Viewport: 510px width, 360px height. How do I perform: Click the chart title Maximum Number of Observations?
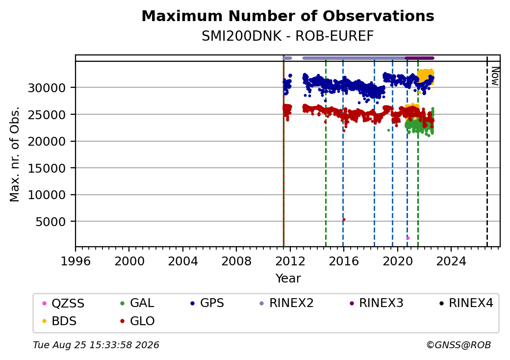(x=287, y=16)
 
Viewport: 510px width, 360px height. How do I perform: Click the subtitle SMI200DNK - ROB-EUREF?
(x=287, y=36)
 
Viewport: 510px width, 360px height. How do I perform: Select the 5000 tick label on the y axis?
(x=51, y=222)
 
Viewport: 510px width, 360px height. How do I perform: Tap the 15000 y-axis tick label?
(x=47, y=168)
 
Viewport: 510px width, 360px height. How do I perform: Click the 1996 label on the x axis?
(x=76, y=261)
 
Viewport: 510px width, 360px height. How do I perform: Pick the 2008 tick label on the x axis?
(x=236, y=261)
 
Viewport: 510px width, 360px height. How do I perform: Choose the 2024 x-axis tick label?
(x=451, y=261)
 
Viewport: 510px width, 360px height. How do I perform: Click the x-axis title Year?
(x=288, y=279)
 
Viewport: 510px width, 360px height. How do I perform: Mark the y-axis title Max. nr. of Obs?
(x=15, y=154)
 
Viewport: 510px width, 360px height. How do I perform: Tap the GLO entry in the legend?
(x=137, y=321)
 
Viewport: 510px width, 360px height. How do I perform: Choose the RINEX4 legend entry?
(x=466, y=303)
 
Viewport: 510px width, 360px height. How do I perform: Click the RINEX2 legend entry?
(x=286, y=303)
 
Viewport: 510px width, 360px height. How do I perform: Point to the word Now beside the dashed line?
(x=494, y=76)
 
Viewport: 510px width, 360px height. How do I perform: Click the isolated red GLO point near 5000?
(x=344, y=220)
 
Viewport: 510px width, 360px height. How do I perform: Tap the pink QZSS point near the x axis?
(x=408, y=238)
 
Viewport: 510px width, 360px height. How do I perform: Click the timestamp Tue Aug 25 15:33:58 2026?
(x=96, y=345)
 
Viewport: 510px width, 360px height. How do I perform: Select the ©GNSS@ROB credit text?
(x=459, y=345)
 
